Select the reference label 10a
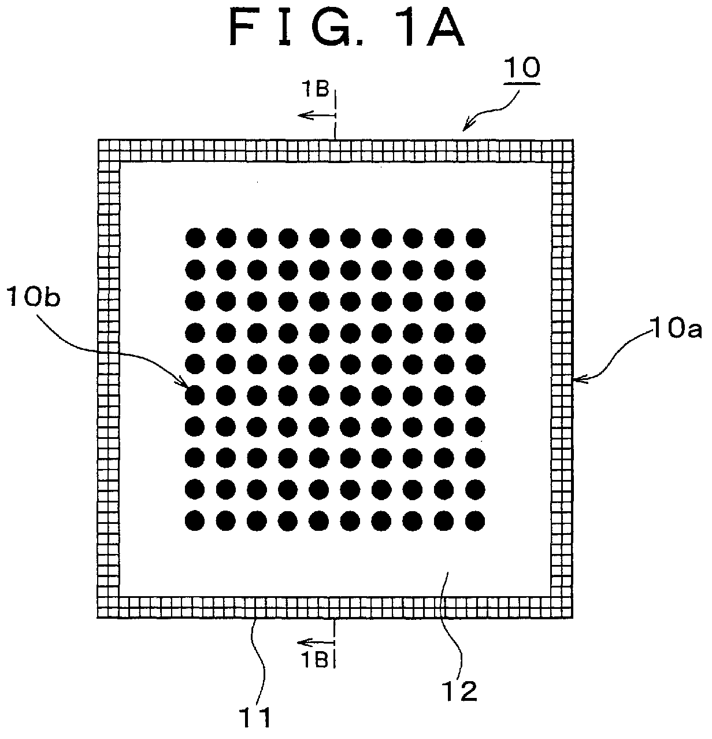(676, 328)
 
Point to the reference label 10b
(34, 297)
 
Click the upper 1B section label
(315, 90)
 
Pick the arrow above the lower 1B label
(316, 642)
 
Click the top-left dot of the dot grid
(195, 238)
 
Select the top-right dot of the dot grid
(476, 238)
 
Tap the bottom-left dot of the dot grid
(195, 520)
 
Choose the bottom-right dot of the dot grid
(475, 520)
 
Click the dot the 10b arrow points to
(195, 396)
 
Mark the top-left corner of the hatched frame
(98, 140)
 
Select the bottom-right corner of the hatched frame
(572, 618)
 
